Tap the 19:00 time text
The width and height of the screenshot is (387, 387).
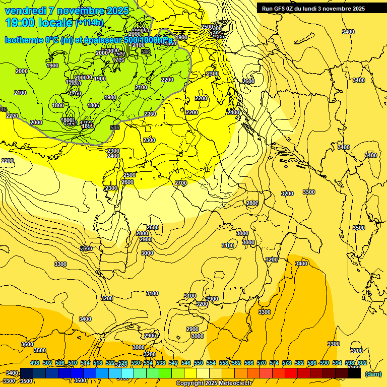(x=22, y=22)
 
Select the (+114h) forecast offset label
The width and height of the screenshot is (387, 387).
(x=89, y=23)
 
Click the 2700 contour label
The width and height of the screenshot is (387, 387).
(x=181, y=183)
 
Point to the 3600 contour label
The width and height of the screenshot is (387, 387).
(x=27, y=344)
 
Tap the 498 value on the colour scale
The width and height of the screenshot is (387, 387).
(x=35, y=363)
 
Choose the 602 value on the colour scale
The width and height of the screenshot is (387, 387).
(x=362, y=363)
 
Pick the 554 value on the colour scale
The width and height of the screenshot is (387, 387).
(x=211, y=363)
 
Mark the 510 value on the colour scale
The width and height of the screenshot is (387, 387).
(x=73, y=363)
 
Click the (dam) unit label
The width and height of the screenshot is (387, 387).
(x=373, y=374)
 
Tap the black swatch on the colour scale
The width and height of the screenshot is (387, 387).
(x=354, y=373)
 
